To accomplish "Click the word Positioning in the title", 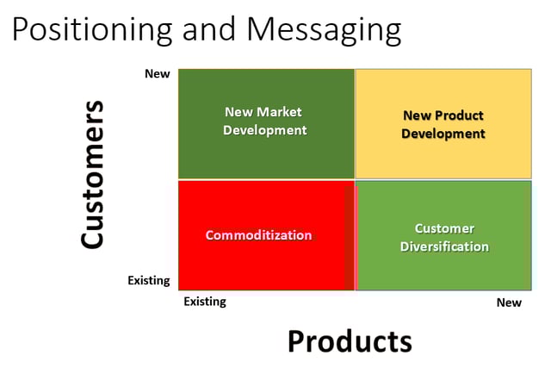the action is coord(92,30).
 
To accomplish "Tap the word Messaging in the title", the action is coord(324,30).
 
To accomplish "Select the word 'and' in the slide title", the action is coord(208,28).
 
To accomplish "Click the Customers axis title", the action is coord(92,175).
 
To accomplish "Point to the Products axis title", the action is coord(350,341).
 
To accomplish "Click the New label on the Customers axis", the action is coord(157,74).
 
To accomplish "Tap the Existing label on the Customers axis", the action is coord(149,280).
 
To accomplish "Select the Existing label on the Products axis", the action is coord(205,302).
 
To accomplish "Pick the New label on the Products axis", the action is coord(509,303).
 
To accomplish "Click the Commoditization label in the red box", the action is coord(258,235).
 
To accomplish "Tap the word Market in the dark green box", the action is coord(279,112).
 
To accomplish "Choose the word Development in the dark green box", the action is coord(265,130).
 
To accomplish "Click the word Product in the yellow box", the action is coord(459,115).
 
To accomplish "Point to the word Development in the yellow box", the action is coord(443,134).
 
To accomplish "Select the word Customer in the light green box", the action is coord(444,228).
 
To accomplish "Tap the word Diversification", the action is coord(444,246).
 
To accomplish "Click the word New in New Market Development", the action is coord(238,112).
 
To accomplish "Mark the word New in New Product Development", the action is coord(417,115).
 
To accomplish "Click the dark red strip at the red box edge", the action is coord(350,238).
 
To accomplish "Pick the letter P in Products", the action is coord(296,341).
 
